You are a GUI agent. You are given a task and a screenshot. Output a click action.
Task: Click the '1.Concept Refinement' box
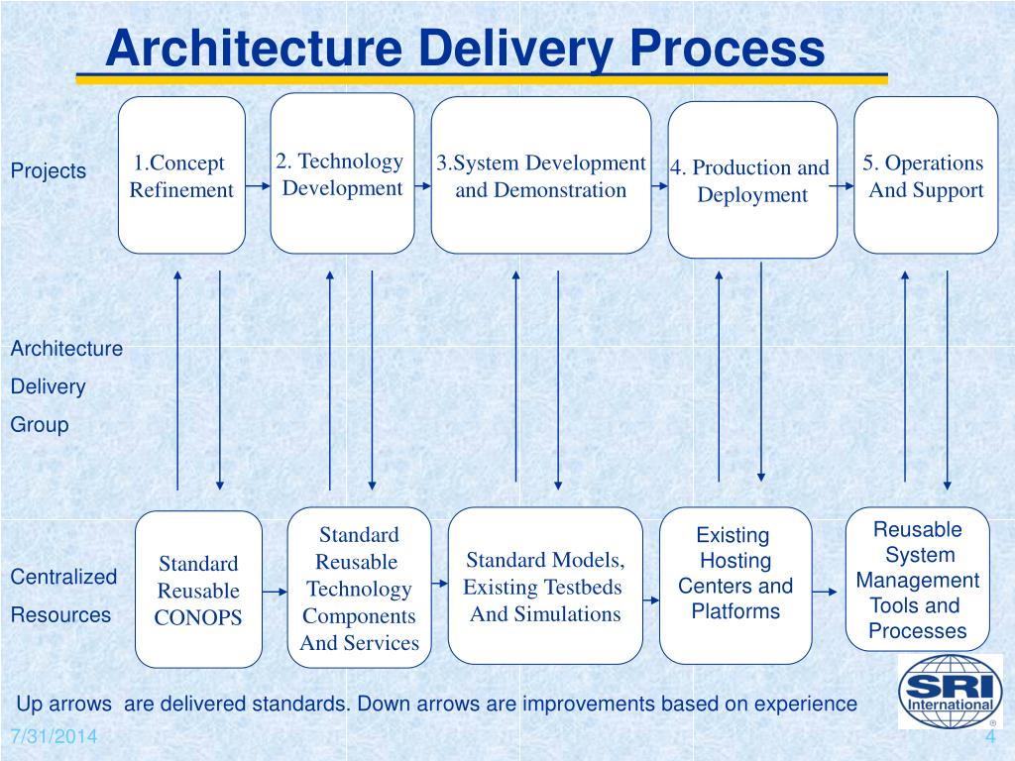(x=181, y=175)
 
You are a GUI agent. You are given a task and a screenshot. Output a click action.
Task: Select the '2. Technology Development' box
(x=342, y=173)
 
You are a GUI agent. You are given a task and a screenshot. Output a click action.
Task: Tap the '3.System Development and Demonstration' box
(x=540, y=175)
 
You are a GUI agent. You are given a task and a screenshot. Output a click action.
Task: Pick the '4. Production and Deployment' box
(x=751, y=180)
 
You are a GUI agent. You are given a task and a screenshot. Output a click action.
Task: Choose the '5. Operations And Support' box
(x=925, y=175)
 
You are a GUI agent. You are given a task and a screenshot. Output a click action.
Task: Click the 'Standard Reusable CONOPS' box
(x=198, y=590)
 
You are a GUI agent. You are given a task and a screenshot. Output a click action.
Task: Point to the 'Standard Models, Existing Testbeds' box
(x=544, y=586)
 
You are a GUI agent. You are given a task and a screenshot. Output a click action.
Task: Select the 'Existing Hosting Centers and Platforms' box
(x=734, y=585)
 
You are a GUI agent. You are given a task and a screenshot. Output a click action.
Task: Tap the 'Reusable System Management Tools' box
(x=918, y=580)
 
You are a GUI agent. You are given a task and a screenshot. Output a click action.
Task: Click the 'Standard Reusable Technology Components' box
(x=359, y=589)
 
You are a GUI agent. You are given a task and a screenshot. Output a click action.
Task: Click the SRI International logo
(x=950, y=691)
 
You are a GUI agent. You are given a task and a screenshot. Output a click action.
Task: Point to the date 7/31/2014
(x=55, y=738)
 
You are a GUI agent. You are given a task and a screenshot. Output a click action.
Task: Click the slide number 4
(x=989, y=739)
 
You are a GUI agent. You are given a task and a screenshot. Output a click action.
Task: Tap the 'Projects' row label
(x=49, y=170)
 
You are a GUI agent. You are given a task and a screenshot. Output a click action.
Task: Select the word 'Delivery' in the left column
(x=48, y=386)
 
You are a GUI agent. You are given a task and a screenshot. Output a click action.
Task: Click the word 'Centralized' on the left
(x=63, y=577)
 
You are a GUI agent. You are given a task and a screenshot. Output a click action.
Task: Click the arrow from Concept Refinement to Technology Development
(x=258, y=183)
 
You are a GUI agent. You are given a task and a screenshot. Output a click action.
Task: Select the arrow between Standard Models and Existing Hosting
(x=650, y=599)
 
